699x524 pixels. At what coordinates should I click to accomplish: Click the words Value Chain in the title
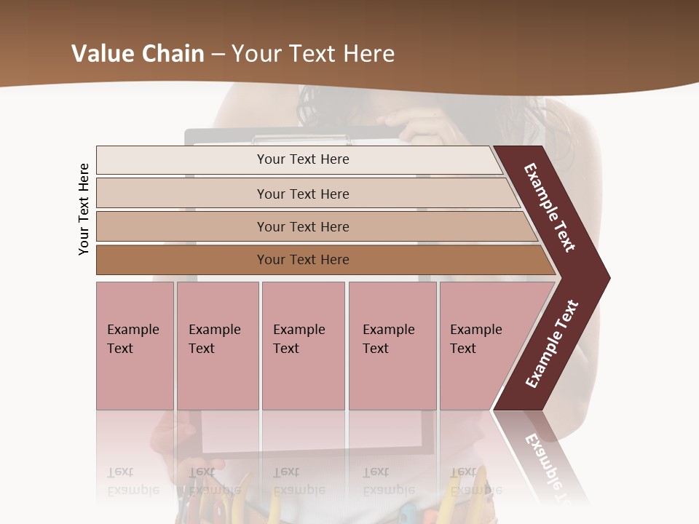click(138, 54)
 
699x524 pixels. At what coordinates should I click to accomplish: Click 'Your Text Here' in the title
click(313, 54)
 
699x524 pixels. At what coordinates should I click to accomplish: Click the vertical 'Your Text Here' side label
click(84, 209)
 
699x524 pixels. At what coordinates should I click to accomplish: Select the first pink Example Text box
click(135, 345)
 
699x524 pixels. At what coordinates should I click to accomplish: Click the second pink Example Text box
click(217, 345)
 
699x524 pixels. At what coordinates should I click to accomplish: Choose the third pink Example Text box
click(303, 345)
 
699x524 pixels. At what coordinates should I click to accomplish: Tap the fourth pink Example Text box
click(392, 345)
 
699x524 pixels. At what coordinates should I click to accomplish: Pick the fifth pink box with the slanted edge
click(481, 345)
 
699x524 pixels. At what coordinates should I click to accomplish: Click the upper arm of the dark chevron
click(550, 207)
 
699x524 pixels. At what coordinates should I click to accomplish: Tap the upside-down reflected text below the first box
click(133, 481)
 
